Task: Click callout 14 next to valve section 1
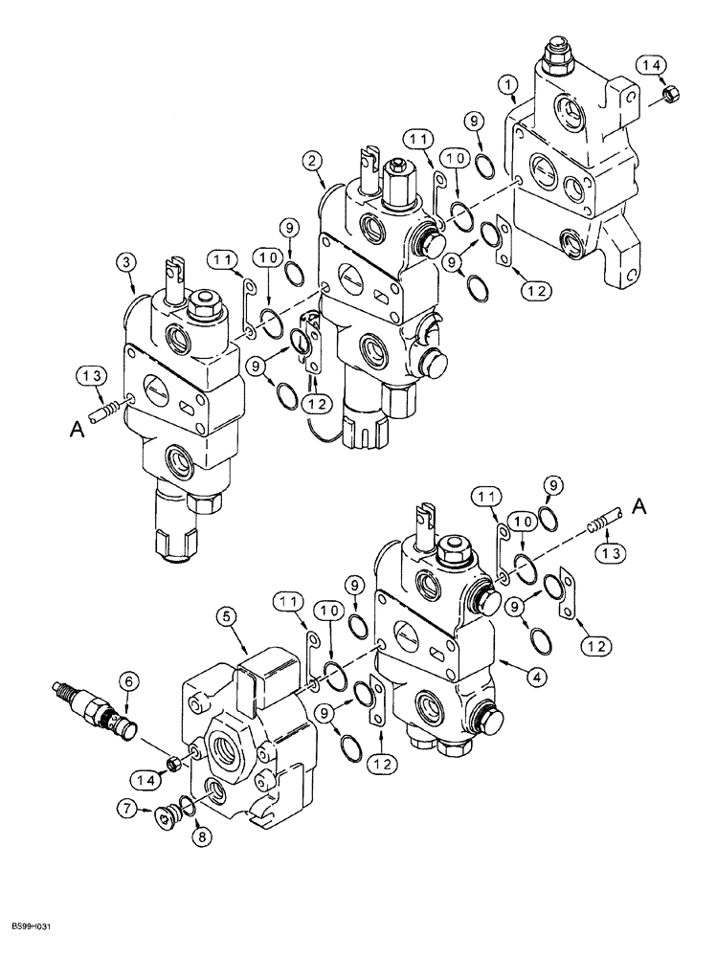[653, 64]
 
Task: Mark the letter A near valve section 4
[639, 509]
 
